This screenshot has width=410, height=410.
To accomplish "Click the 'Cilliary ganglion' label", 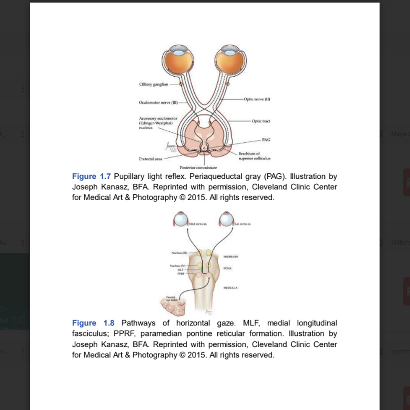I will click(153, 84).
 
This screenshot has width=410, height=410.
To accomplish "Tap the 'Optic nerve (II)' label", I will click(257, 99).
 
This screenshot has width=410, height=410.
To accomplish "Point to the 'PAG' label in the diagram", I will click(266, 140).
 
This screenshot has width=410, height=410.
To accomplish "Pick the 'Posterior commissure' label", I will click(198, 167).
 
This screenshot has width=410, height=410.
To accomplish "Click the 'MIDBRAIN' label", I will click(230, 256).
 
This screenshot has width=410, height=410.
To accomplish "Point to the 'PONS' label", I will click(228, 268).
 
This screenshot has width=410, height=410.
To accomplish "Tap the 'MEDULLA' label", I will click(230, 288).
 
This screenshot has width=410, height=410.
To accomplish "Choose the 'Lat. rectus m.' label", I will click(243, 223).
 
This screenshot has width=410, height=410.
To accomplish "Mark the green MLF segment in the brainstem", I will click(202, 269).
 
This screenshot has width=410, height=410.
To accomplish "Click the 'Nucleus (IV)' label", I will click(178, 266).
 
